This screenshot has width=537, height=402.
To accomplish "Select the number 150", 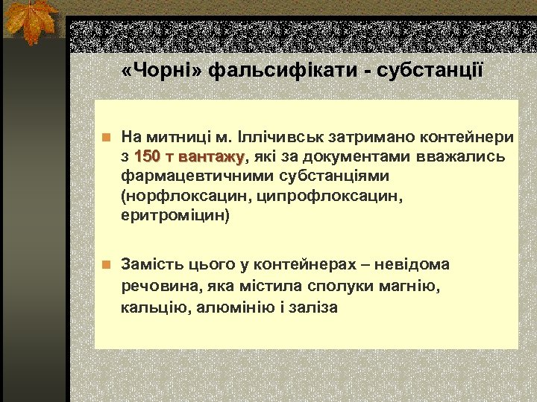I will pyautogui.click(x=148, y=157).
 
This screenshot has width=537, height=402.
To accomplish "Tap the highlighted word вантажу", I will pyautogui.click(x=211, y=157).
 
